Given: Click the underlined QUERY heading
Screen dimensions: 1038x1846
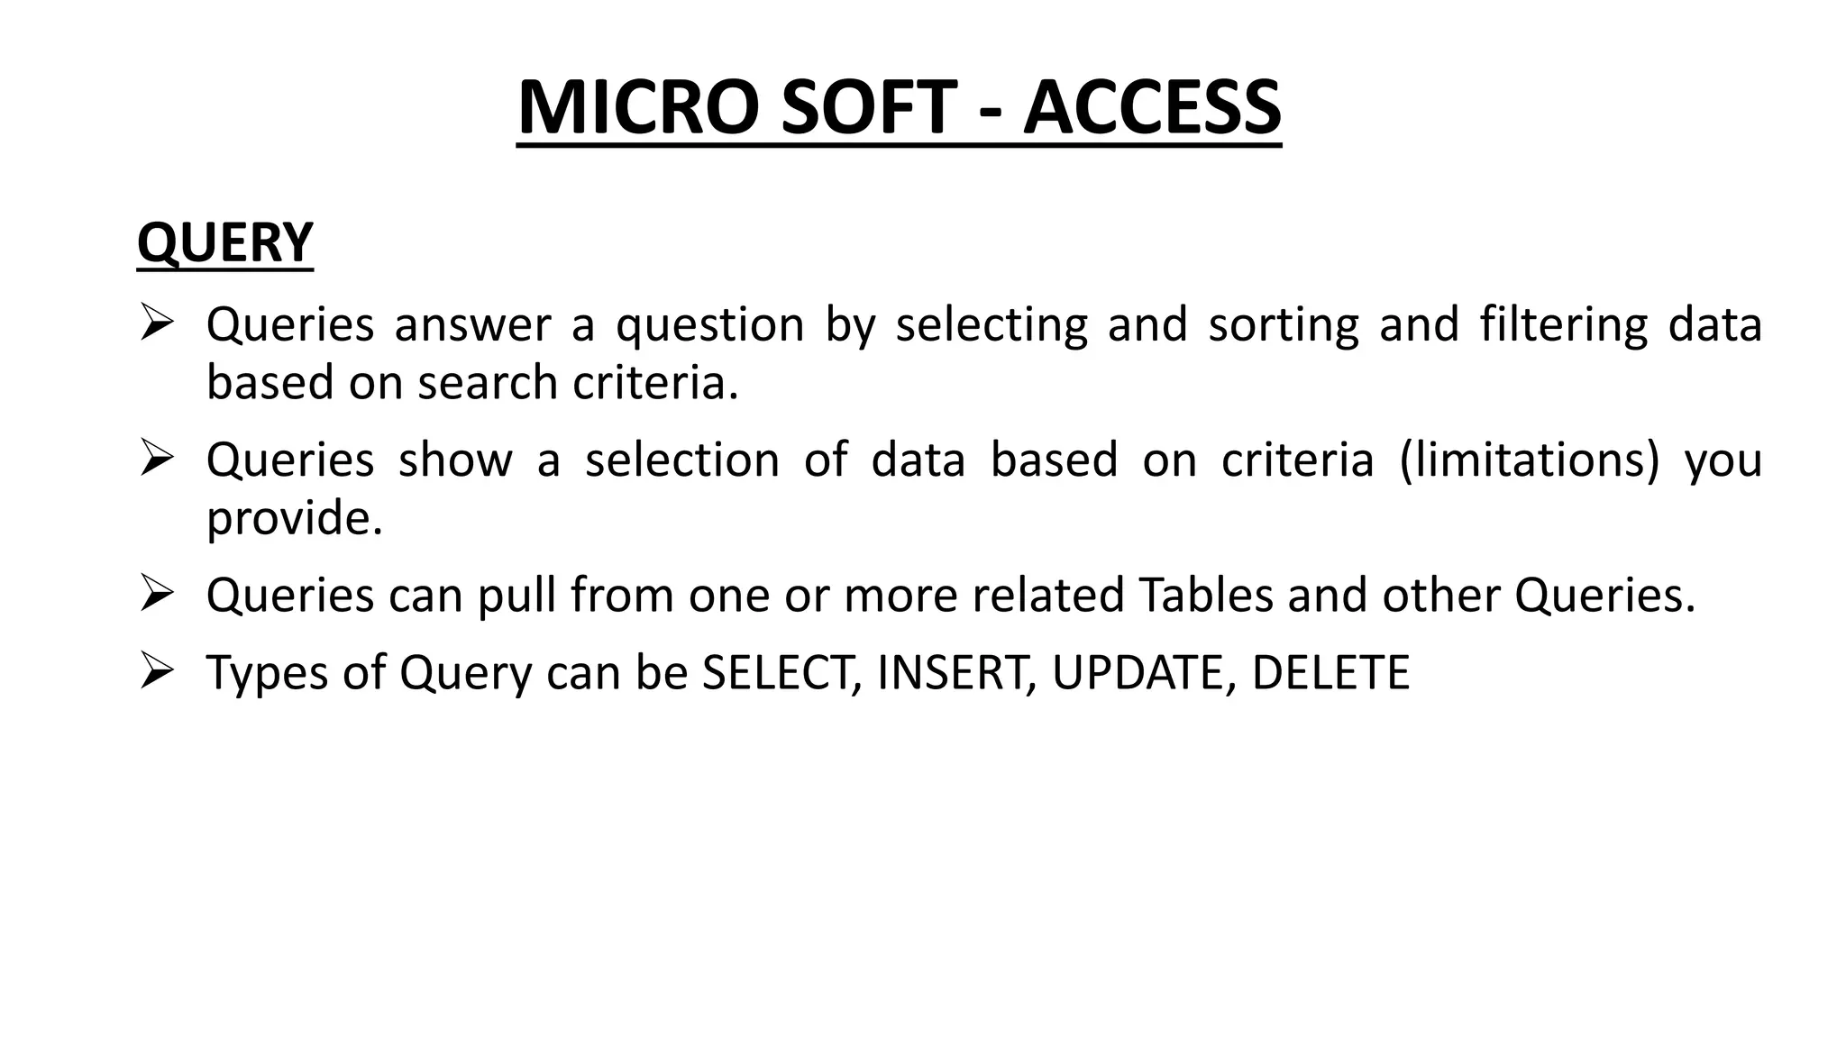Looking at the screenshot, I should pyautogui.click(x=224, y=242).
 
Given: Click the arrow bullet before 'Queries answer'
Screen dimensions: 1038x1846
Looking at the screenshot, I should pyautogui.click(x=156, y=323).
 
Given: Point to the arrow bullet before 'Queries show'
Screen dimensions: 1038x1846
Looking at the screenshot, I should pyautogui.click(x=156, y=459).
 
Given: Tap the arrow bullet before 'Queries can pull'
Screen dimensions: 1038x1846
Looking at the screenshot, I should pyautogui.click(x=156, y=594).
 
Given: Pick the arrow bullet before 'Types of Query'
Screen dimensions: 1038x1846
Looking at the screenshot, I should pyautogui.click(x=156, y=671).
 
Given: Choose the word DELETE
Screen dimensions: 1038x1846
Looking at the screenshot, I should pyautogui.click(x=1330, y=672).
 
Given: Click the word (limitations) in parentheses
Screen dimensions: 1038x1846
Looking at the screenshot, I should pyautogui.click(x=1530, y=460).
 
